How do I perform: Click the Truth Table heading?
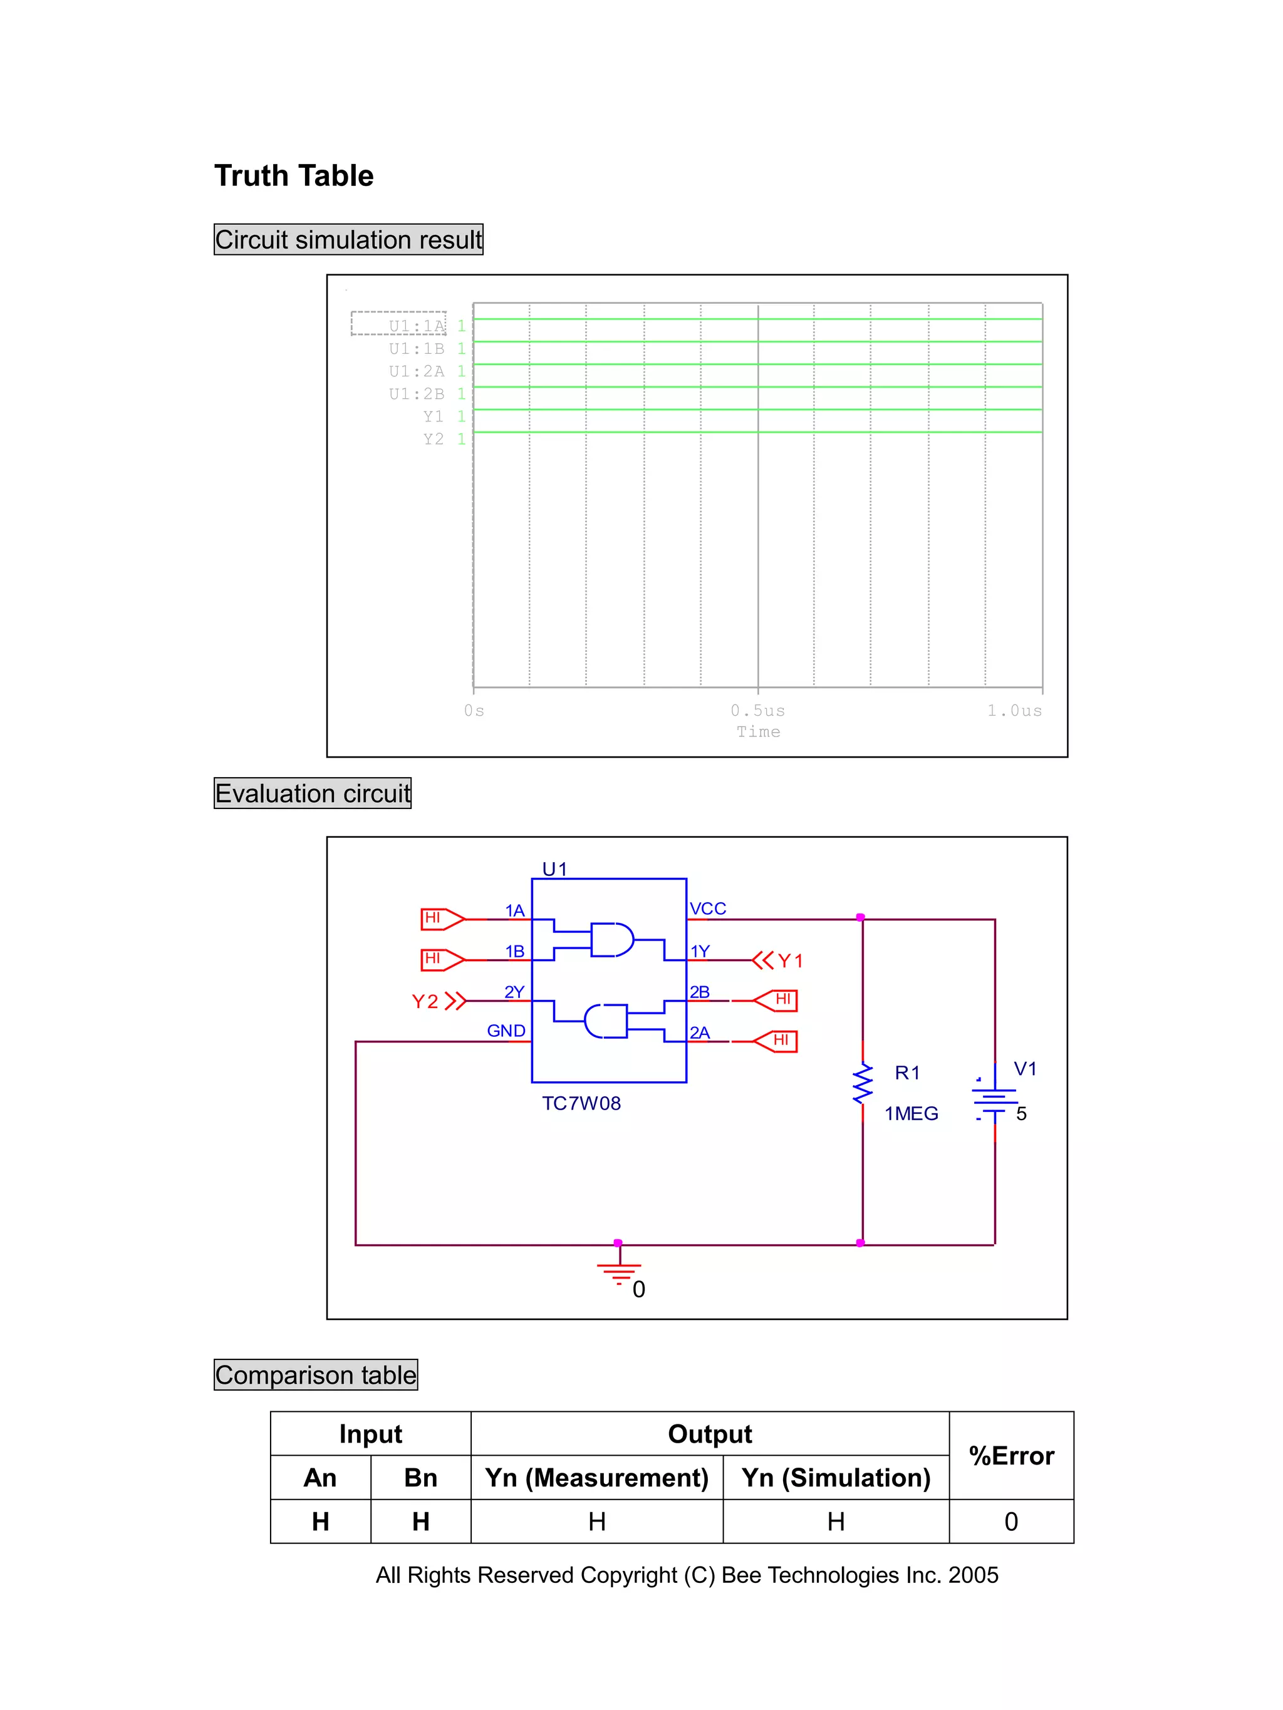[x=293, y=175]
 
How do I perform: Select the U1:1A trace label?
[x=416, y=326]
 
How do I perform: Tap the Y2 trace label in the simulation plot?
[x=433, y=439]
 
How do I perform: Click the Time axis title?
[x=758, y=731]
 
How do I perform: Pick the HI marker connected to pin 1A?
[x=442, y=918]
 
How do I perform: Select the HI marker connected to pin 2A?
[x=776, y=1041]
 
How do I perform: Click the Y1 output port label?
[x=789, y=961]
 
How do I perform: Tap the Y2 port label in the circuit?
[x=425, y=1001]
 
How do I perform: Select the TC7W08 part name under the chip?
[x=581, y=1103]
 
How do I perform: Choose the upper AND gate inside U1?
[x=611, y=939]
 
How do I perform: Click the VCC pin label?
[x=708, y=909]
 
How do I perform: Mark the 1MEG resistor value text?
[x=911, y=1113]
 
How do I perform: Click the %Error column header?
[x=1010, y=1456]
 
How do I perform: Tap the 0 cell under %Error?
[x=1010, y=1522]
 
